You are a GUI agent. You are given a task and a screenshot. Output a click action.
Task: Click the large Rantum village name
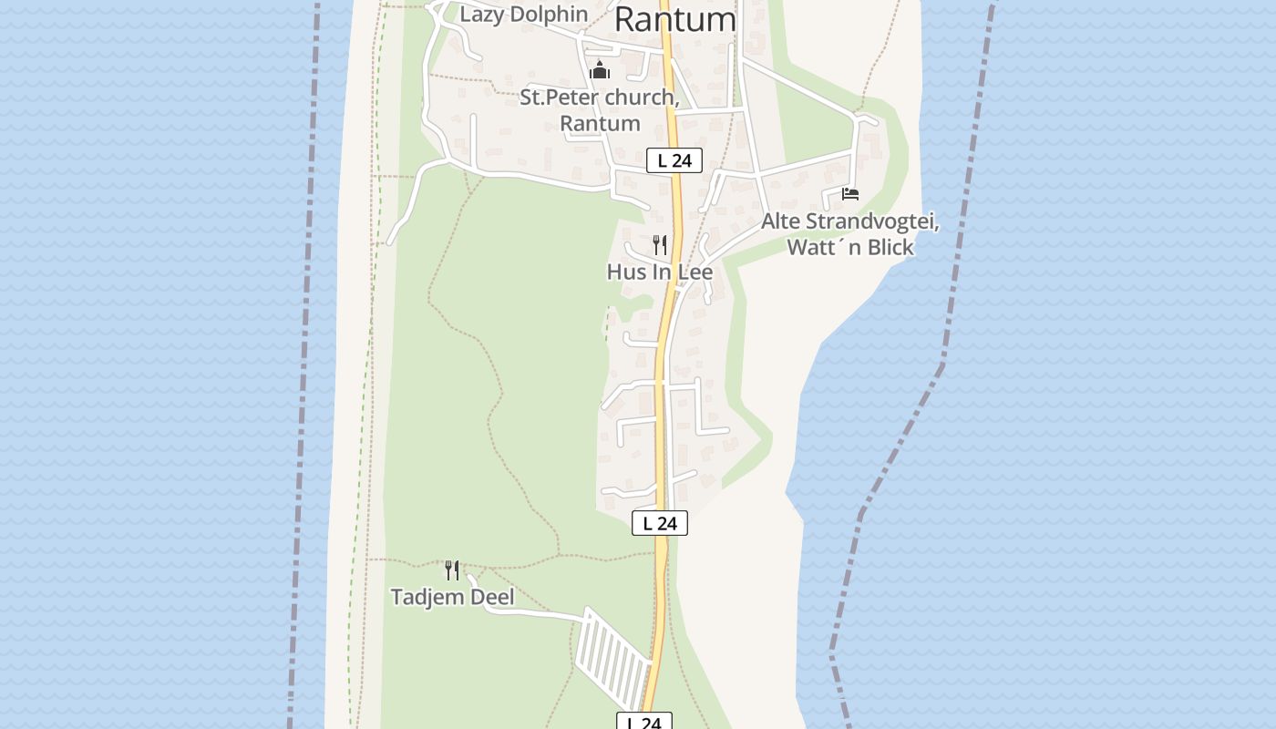pos(675,18)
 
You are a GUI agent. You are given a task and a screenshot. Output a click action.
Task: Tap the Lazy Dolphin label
pos(523,15)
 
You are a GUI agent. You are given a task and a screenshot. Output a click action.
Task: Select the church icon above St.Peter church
pos(600,69)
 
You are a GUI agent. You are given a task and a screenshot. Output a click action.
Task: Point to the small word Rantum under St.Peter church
pos(600,123)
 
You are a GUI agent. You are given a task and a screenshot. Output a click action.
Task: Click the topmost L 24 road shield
pos(674,161)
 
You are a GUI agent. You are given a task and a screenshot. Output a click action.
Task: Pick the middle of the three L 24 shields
pos(660,523)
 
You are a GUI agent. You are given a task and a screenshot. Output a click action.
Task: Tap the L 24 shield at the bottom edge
pos(644,722)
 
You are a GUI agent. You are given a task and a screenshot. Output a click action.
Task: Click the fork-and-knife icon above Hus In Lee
pos(660,244)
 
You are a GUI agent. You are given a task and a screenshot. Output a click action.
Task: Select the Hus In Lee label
pos(660,272)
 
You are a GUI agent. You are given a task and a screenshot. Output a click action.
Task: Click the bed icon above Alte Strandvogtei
pos(850,194)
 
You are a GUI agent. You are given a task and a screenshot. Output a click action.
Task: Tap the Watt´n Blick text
pos(849,247)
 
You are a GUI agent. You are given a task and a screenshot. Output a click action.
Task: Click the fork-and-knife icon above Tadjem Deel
pos(452,570)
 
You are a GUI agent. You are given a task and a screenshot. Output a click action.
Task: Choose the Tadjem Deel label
pos(452,598)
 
